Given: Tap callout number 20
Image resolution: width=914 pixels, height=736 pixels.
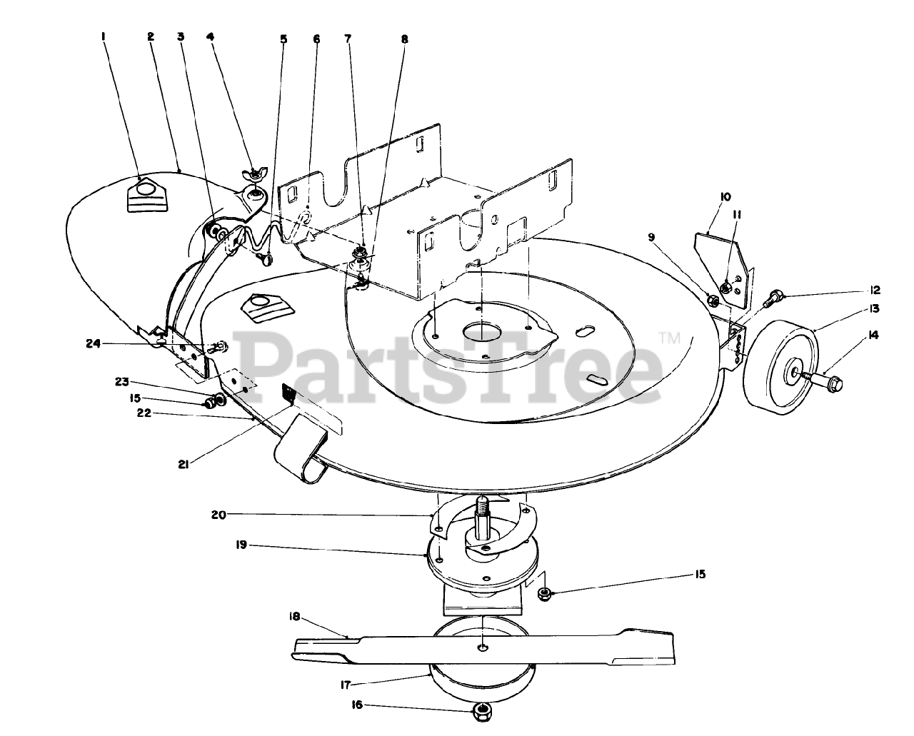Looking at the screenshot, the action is (219, 514).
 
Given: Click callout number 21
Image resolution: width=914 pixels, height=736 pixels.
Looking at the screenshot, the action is (184, 465).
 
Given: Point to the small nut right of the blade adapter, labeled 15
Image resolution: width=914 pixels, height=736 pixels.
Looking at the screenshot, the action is (544, 593).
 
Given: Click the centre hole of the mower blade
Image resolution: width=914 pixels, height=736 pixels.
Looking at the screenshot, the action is (483, 647).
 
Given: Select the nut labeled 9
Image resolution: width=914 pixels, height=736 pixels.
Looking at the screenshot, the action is (712, 299).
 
